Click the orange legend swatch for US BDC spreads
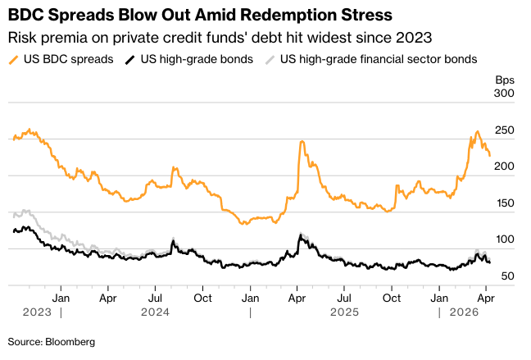tap(14, 59)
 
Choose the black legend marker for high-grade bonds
tap(129, 59)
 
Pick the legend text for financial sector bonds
tap(379, 59)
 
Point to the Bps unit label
tap(504, 80)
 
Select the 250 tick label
tap(504, 130)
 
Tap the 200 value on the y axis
tap(504, 166)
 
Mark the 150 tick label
tap(504, 203)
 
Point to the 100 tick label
tap(504, 239)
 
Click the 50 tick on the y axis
tap(507, 276)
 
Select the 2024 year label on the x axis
tap(155, 312)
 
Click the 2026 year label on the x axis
tap(464, 312)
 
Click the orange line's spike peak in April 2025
tap(302, 142)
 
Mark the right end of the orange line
tap(490, 155)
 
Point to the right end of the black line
tap(490, 262)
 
